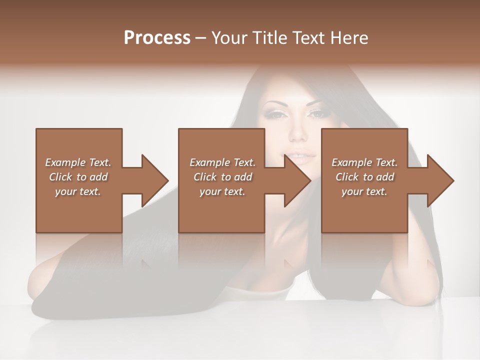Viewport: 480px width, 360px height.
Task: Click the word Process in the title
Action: [x=157, y=38]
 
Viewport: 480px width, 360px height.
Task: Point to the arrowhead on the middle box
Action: [x=297, y=180]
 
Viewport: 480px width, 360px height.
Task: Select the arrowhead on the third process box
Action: [x=440, y=180]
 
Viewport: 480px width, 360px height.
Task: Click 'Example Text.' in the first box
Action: [x=78, y=162]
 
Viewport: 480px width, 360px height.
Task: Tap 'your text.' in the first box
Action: [x=78, y=191]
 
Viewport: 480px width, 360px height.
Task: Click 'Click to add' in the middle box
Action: [x=222, y=177]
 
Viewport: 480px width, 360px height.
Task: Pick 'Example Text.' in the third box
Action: [x=364, y=162]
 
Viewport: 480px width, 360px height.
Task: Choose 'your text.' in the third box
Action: [x=364, y=191]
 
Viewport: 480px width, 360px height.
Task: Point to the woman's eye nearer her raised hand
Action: [x=317, y=114]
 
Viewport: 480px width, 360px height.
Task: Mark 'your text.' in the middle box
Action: [x=222, y=191]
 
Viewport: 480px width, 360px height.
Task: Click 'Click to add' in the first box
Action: [x=78, y=177]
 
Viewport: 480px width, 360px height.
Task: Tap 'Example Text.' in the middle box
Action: [x=222, y=162]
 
